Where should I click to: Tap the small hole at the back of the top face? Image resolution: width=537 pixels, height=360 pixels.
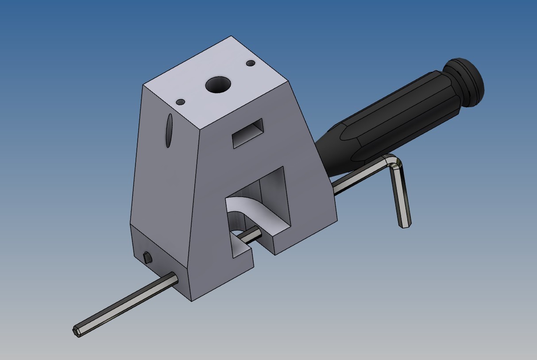click(251, 64)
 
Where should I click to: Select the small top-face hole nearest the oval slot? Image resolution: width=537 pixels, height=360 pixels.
click(180, 102)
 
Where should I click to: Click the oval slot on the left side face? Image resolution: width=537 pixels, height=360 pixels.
click(169, 131)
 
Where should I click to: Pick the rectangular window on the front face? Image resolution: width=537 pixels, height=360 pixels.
click(248, 133)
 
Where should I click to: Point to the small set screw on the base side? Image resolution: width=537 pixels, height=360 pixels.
click(147, 257)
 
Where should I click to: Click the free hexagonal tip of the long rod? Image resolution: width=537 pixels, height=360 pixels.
click(76, 331)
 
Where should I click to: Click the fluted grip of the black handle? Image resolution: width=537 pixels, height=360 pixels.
click(398, 115)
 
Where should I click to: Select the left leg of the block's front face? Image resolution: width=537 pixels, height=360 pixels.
click(212, 248)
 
